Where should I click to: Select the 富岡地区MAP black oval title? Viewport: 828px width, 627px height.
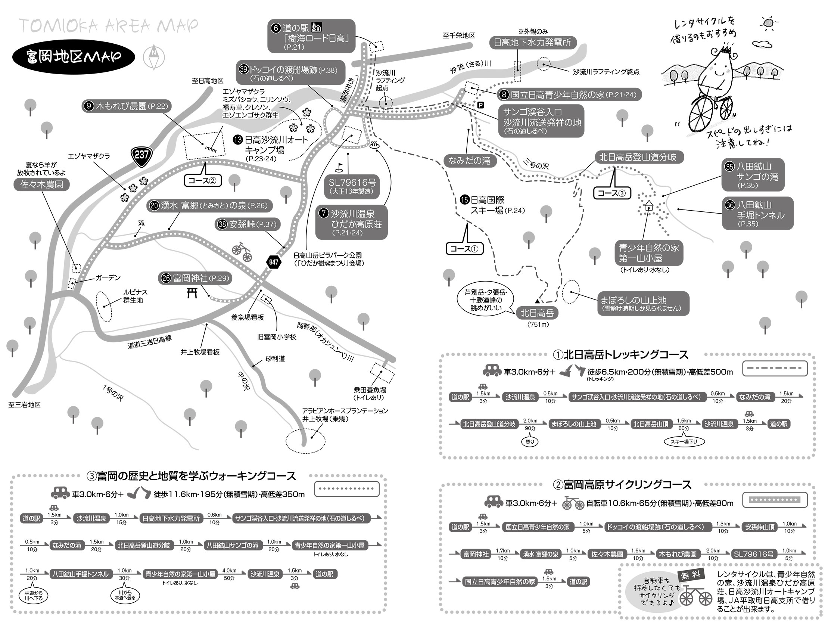pos(74,57)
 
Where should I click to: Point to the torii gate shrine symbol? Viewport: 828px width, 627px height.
pos(192,292)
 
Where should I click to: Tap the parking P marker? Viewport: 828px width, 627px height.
pos(480,105)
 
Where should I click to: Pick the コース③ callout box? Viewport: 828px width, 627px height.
pos(612,193)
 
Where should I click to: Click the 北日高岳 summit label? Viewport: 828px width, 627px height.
pos(537,313)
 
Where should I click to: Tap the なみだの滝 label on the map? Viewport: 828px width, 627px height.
pos(469,161)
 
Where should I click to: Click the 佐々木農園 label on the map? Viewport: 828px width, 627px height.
pos(41,184)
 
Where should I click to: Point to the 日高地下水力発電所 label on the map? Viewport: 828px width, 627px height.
pos(532,43)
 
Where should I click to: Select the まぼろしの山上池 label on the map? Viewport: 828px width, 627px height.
pos(643,303)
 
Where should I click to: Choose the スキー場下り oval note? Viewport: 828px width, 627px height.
pos(684,442)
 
